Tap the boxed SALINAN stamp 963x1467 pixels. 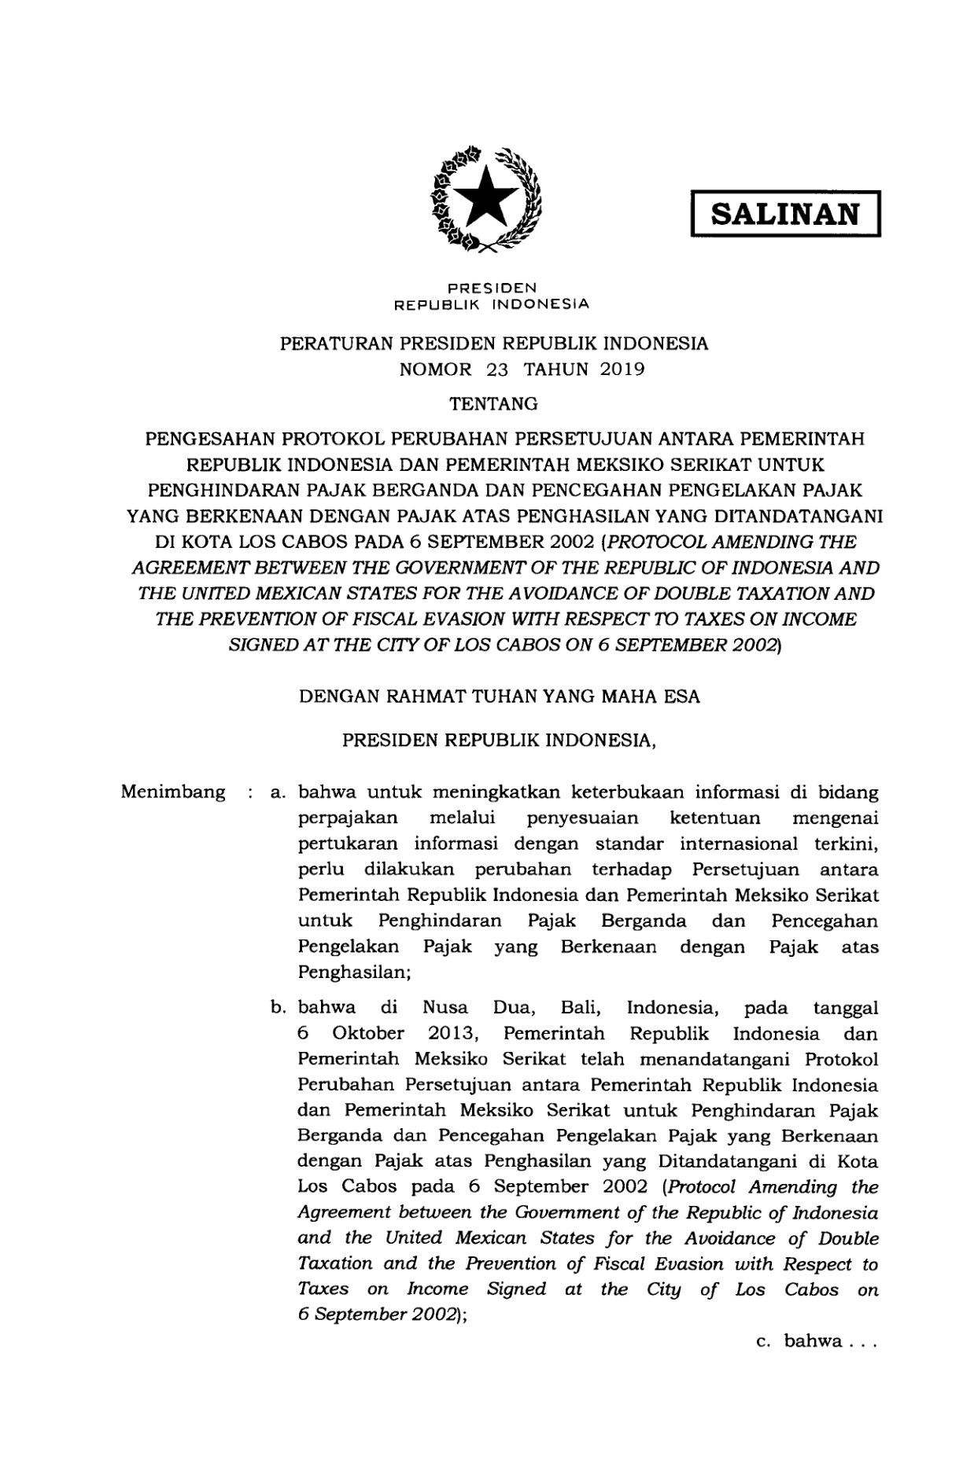tap(784, 214)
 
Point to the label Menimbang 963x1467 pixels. tap(173, 792)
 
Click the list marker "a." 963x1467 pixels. tap(277, 792)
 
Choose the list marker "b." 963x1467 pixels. tap(277, 1009)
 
